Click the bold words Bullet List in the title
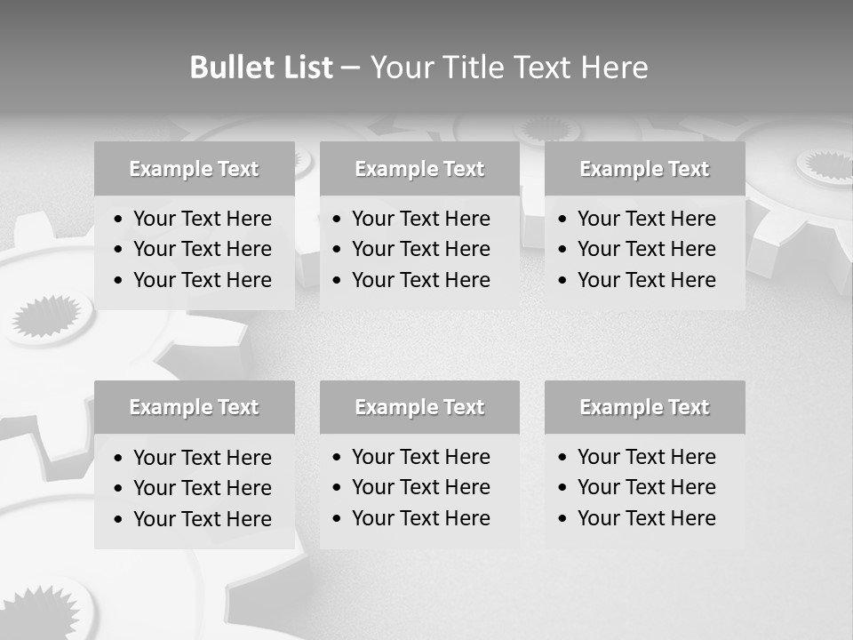click(x=261, y=67)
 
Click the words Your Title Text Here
click(x=508, y=67)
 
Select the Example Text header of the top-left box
click(x=194, y=169)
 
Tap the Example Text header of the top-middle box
click(x=419, y=169)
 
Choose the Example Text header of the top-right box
click(x=644, y=169)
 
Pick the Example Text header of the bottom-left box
click(x=194, y=407)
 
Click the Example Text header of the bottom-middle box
click(x=419, y=407)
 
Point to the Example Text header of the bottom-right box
click(x=644, y=407)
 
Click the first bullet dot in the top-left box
click(x=119, y=220)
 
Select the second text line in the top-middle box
click(x=420, y=249)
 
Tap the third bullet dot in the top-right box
click(x=563, y=281)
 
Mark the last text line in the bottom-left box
click(x=202, y=519)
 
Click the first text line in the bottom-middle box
click(x=420, y=457)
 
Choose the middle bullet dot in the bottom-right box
click(x=563, y=488)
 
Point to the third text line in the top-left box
click(x=202, y=280)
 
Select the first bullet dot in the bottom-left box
click(x=119, y=459)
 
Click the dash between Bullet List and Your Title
click(x=350, y=67)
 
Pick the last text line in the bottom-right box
click(x=646, y=518)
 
